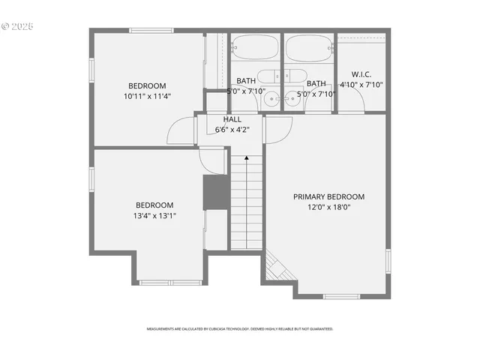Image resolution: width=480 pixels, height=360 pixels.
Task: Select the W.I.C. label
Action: [361, 74]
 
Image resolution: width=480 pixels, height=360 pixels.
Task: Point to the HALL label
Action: [232, 119]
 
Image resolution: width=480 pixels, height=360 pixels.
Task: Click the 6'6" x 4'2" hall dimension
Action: [232, 129]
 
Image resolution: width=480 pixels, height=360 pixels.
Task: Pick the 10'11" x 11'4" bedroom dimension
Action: [147, 96]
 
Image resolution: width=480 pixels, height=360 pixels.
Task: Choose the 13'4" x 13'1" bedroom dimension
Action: [154, 215]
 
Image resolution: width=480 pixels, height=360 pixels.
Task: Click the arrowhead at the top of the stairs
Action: [247, 158]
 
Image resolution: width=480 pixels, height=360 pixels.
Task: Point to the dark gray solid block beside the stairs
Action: [216, 193]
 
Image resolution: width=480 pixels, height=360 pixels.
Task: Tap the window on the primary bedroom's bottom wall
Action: [341, 297]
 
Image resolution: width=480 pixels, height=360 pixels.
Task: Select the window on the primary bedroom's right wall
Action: [388, 260]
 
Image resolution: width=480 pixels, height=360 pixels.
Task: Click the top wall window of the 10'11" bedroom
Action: [147, 31]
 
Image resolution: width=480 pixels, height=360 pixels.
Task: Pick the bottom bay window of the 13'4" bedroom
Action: [171, 283]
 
